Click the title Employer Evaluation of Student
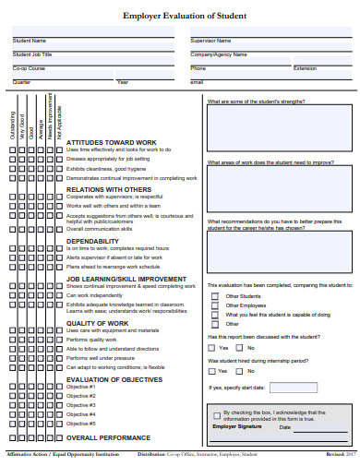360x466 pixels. click(180, 16)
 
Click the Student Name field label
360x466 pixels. click(30, 41)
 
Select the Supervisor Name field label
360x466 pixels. click(210, 41)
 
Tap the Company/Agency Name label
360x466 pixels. click(219, 54)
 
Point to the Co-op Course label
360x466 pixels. click(30, 68)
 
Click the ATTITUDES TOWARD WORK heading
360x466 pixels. click(112, 142)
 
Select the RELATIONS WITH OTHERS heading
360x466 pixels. click(108, 188)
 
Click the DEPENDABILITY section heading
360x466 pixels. click(92, 241)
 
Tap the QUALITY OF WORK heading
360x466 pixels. click(99, 323)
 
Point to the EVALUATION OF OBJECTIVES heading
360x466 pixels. click(114, 380)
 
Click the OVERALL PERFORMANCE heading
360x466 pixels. click(108, 437)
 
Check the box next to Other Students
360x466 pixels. click(214, 296)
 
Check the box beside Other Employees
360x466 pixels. click(214, 305)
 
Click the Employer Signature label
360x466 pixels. click(237, 401)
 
